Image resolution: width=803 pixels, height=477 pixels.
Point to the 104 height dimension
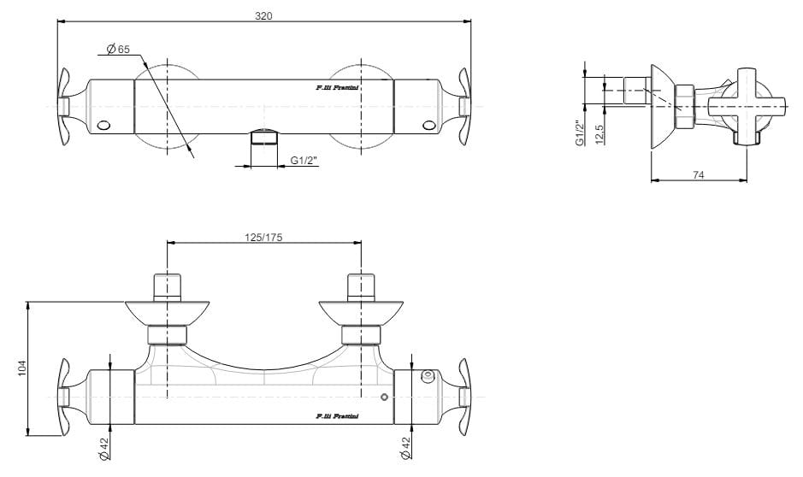[23, 368]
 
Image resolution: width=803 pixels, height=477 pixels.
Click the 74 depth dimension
[699, 174]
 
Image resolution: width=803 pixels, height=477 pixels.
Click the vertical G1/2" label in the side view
[580, 132]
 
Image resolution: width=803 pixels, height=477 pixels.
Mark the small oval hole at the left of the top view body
[104, 126]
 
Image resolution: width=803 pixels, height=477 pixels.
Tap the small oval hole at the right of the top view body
[428, 126]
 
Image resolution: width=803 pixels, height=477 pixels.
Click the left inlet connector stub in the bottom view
[168, 286]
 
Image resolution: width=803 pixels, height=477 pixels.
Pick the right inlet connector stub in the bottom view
[360, 286]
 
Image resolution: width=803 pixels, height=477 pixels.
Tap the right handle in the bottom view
[463, 397]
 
